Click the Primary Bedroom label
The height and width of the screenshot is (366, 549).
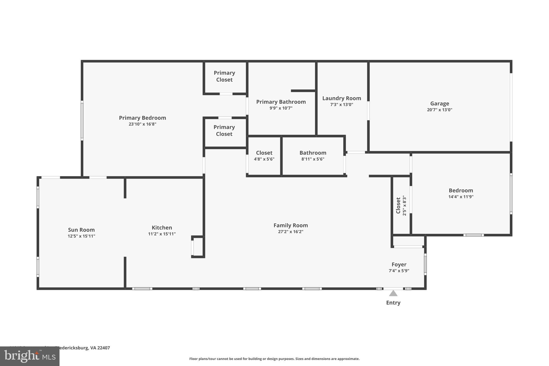[x=142, y=118]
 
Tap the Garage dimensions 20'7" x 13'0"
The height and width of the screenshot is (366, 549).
[x=439, y=110]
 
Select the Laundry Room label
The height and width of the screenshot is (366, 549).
[x=342, y=98]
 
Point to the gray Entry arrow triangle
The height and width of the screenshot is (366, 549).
[x=393, y=293]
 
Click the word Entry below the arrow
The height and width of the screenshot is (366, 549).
[x=393, y=303]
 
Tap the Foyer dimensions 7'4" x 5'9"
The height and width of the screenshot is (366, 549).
[x=399, y=271]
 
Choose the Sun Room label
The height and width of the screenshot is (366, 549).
[x=81, y=230]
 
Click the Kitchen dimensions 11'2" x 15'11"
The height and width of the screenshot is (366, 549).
[x=162, y=234]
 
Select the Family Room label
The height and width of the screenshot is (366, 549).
[x=291, y=225]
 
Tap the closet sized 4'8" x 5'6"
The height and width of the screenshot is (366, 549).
[x=264, y=156]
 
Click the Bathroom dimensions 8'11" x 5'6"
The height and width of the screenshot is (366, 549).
[x=313, y=159]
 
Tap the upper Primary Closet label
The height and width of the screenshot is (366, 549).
[x=224, y=76]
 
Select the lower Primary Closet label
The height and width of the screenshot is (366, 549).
[x=224, y=130]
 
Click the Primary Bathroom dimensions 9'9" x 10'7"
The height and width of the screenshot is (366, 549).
[x=281, y=108]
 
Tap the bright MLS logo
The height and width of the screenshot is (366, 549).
[x=30, y=356]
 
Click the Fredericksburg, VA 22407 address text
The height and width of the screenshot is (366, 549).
[x=82, y=348]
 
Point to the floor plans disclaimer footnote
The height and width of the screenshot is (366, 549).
[x=274, y=359]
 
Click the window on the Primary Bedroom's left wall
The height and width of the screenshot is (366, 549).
[x=82, y=120]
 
